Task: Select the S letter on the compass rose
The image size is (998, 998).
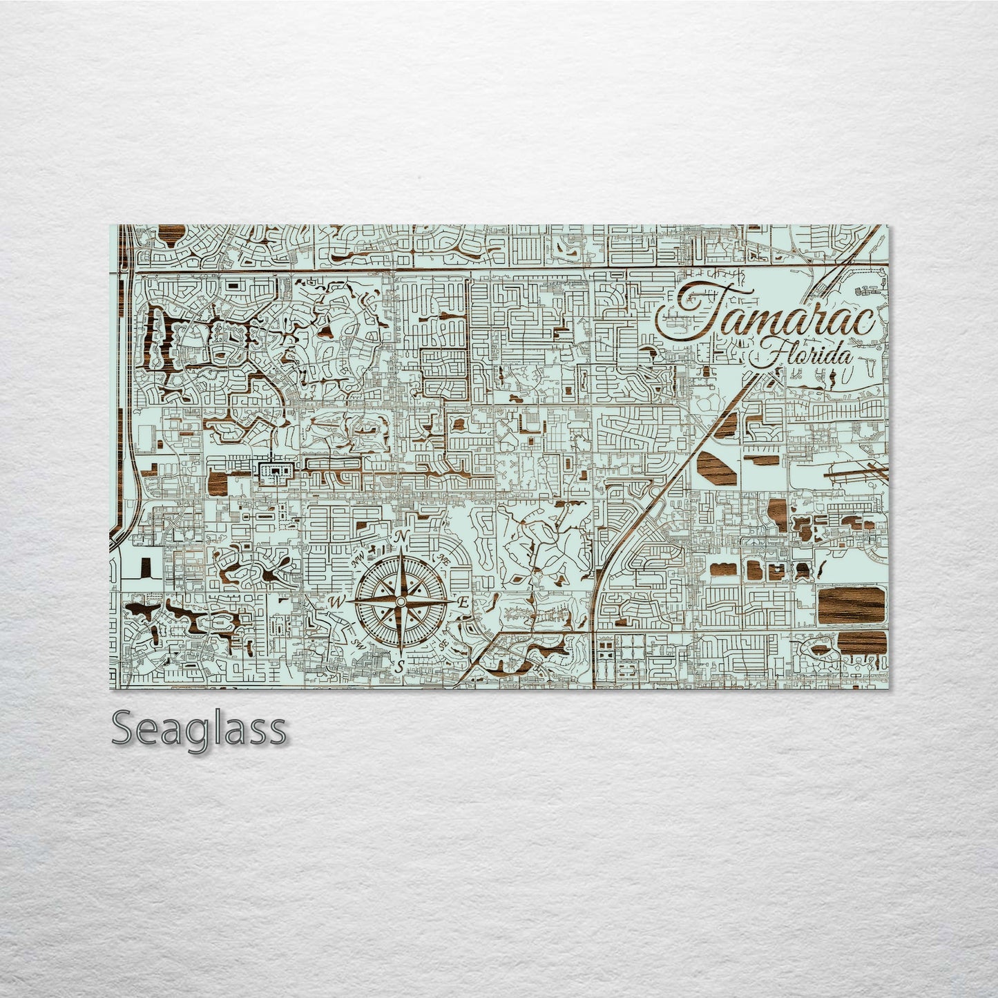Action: point(400,666)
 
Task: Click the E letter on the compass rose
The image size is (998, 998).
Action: point(464,602)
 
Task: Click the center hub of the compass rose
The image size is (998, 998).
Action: point(400,602)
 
